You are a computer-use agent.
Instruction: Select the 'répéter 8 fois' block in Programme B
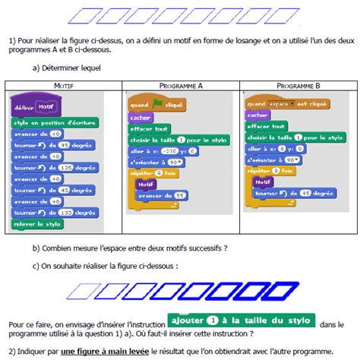point(267,172)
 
